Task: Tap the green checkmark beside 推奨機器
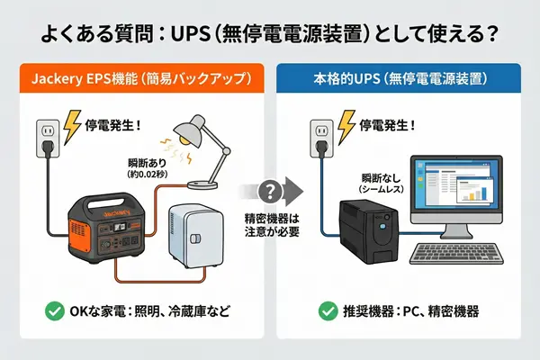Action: point(329,312)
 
